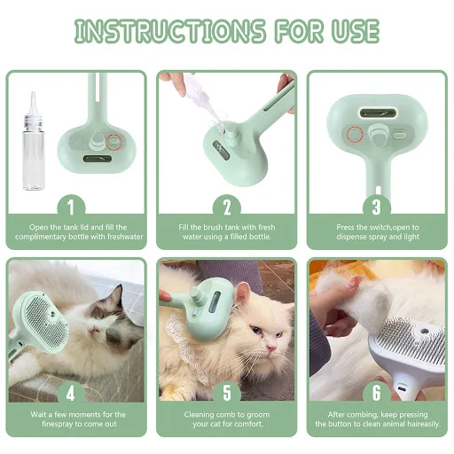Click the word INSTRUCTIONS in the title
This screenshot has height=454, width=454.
(169, 31)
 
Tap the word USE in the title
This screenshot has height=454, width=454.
(356, 31)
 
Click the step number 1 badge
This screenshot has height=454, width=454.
(71, 207)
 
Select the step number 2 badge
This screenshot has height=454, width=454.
(227, 207)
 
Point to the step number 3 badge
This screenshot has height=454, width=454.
(377, 207)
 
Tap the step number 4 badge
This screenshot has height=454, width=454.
(71, 394)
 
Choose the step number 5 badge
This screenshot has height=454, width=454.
(227, 394)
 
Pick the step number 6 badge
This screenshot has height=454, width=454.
(377, 394)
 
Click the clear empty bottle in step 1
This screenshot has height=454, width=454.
(34, 148)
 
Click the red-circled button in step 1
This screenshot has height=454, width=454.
(113, 142)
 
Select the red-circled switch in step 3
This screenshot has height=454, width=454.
(355, 134)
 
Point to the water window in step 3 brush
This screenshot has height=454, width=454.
(378, 113)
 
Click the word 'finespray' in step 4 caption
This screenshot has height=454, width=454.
(57, 424)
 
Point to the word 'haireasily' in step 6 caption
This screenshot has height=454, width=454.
(423, 424)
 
